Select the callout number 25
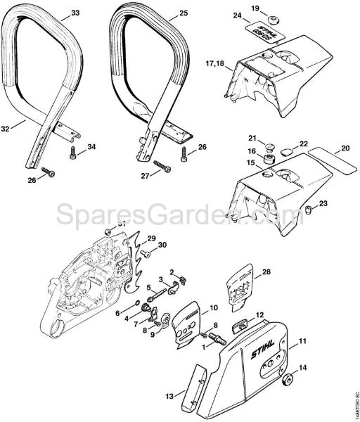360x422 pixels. coord(184,13)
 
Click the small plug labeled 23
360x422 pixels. coord(309,207)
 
